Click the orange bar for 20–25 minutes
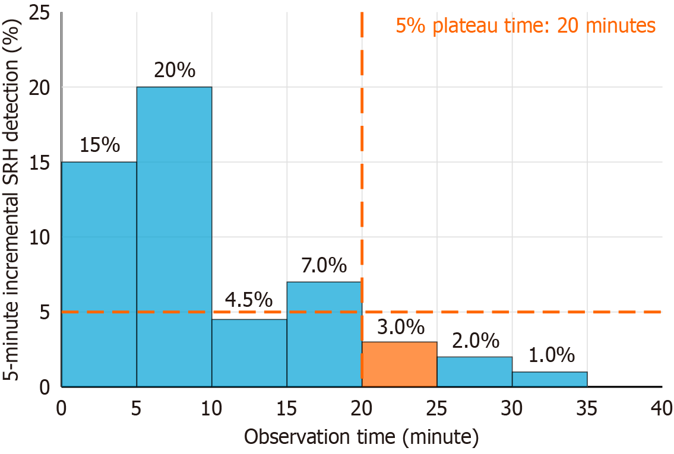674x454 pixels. (399, 364)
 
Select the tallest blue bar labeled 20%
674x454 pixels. (174, 237)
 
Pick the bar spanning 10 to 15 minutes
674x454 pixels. (249, 353)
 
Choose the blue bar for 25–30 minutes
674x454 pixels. (474, 372)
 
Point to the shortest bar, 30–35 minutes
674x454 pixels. (549, 379)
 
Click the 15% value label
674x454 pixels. (100, 145)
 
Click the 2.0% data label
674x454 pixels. (476, 341)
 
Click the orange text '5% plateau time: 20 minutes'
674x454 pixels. (526, 26)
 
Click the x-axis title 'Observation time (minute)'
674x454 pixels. (361, 437)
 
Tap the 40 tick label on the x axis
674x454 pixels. (662, 409)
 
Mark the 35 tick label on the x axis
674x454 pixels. (587, 409)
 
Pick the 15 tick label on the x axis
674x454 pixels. (286, 409)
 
